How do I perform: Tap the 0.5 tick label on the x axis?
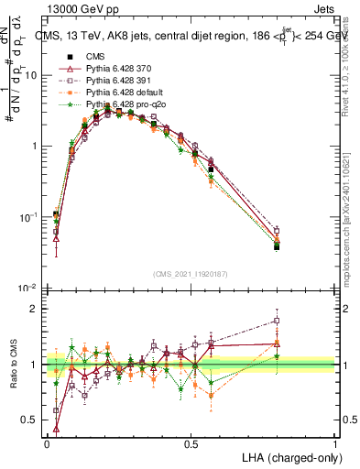[x=191, y=442]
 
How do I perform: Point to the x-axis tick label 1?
[x=335, y=442]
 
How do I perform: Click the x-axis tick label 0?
[x=47, y=442]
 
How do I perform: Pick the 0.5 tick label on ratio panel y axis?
[x=31, y=421]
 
